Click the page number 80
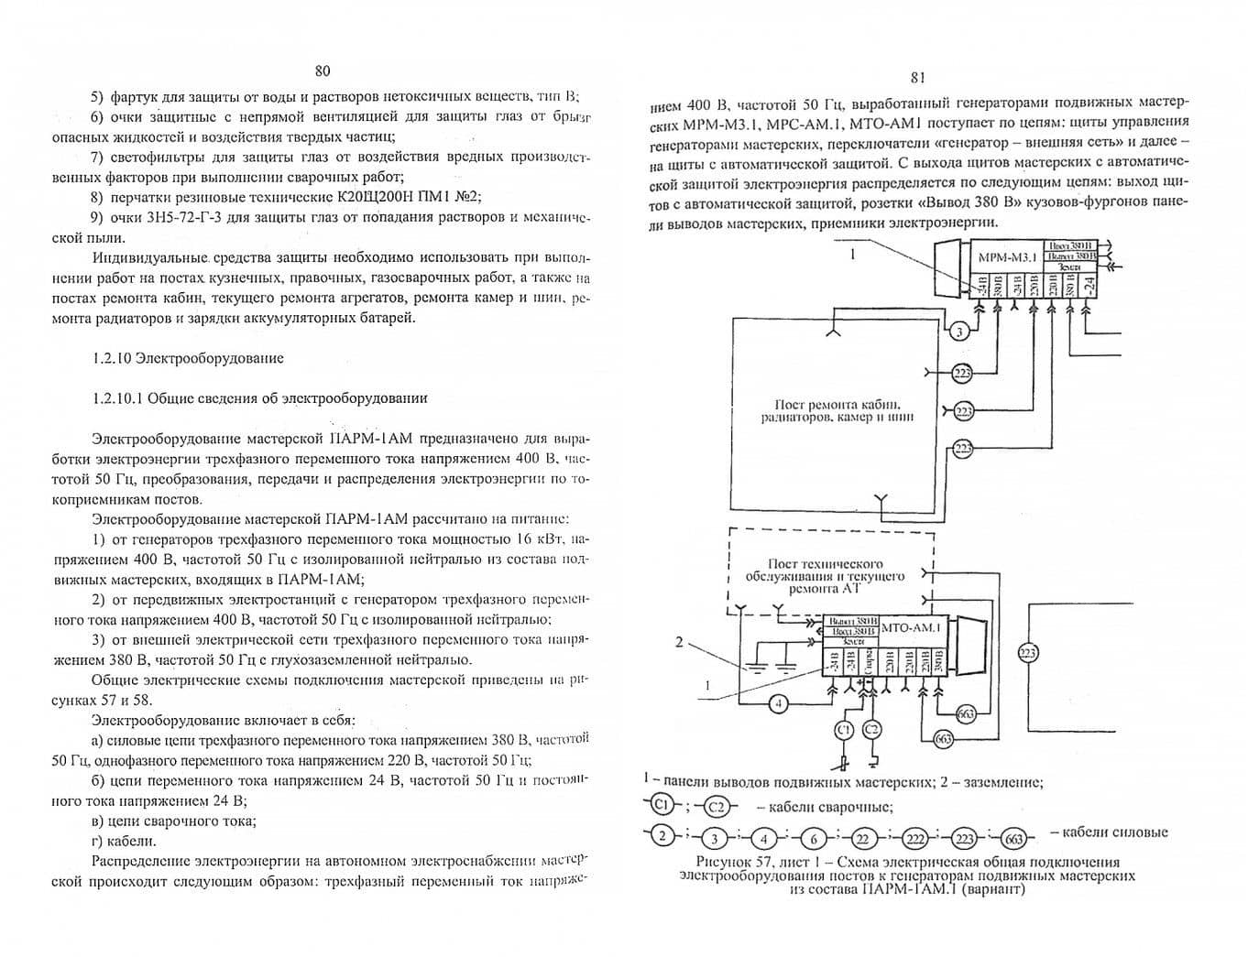(x=322, y=71)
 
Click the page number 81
(x=918, y=78)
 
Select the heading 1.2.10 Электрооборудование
(x=188, y=358)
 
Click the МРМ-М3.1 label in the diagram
(x=1005, y=257)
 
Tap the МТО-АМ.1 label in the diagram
(x=912, y=628)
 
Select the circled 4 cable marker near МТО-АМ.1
(x=777, y=703)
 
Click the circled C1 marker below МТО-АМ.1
(x=845, y=729)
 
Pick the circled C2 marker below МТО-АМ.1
(x=871, y=729)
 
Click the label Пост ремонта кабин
(x=837, y=404)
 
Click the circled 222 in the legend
(x=915, y=836)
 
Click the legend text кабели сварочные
(x=824, y=807)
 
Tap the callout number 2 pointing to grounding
(x=679, y=642)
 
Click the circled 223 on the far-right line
(x=1027, y=652)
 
